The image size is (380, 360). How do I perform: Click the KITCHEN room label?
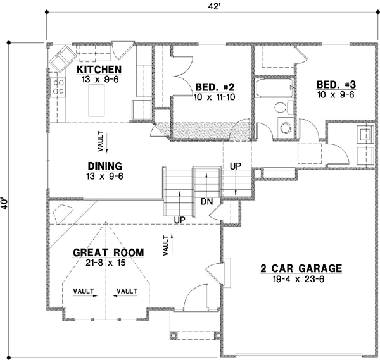coord(99,69)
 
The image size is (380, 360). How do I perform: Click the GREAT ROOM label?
coord(108,252)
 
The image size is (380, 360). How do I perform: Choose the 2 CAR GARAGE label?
coord(301,268)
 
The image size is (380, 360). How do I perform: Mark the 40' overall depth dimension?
coord(5,203)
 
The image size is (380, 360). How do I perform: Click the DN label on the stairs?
coord(206,201)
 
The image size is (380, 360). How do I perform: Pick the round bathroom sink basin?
coord(284,125)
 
